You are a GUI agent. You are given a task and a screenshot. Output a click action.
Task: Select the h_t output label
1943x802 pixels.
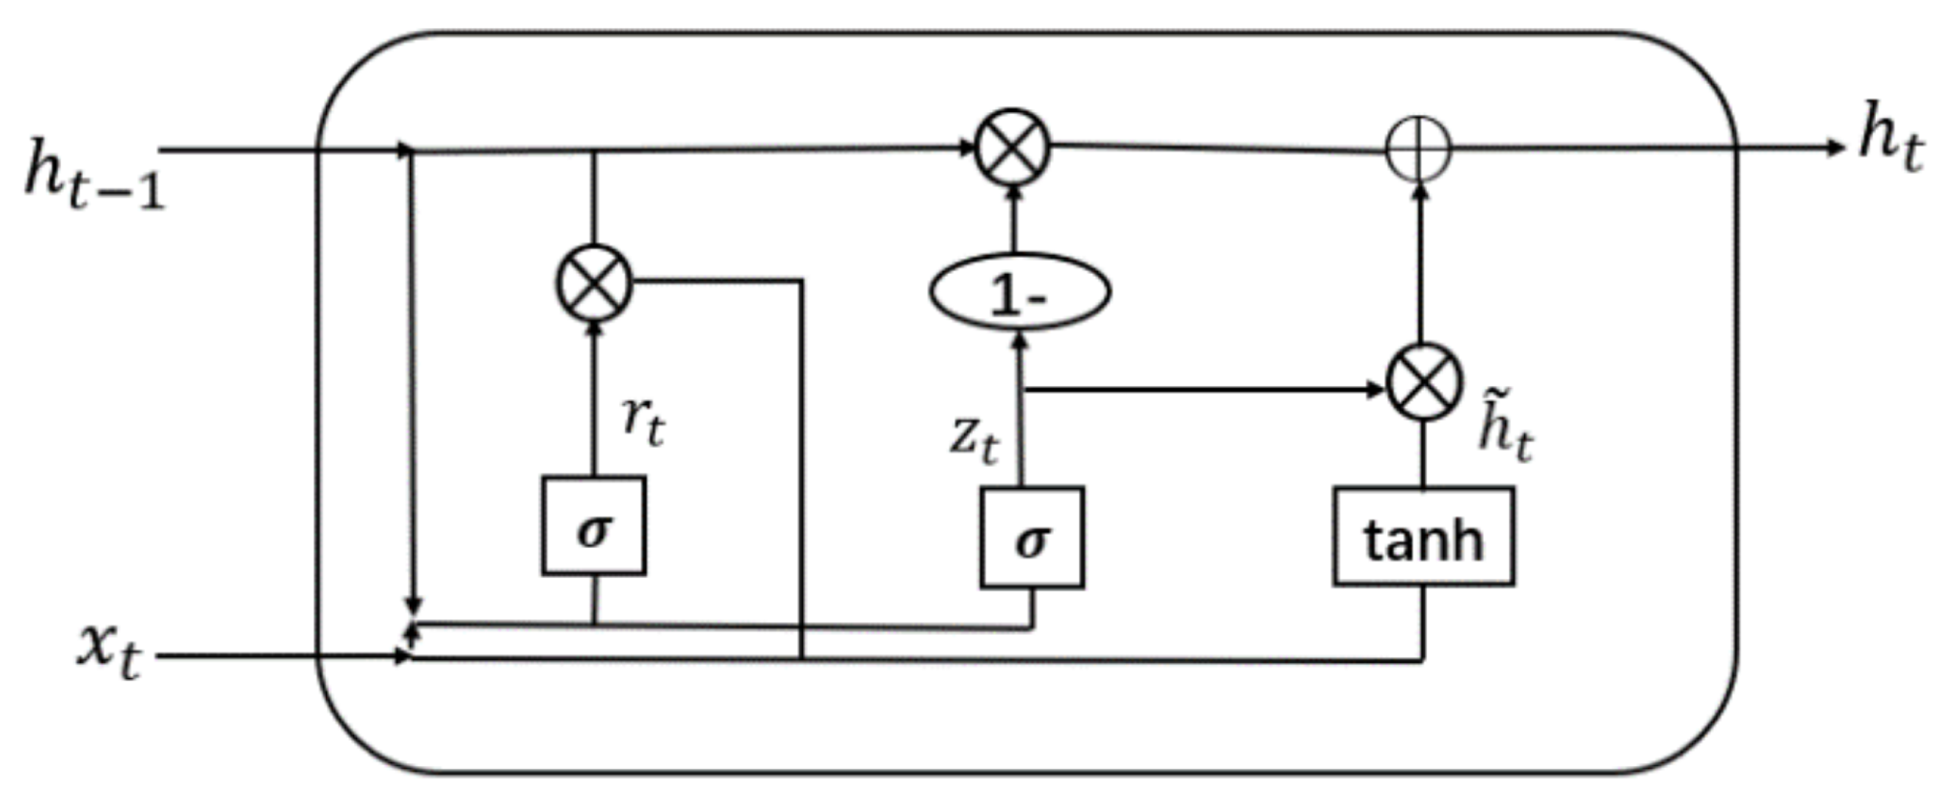pos(1890,150)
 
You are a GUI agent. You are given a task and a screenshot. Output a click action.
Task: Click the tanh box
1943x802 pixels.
pos(1423,537)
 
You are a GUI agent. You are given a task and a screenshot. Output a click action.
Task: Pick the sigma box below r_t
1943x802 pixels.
pos(594,526)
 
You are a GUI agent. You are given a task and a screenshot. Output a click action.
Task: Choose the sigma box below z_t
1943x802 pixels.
pos(1032,537)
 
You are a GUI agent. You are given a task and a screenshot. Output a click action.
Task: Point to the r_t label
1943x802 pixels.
pos(643,421)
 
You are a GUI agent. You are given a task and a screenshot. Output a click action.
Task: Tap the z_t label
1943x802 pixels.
pos(974,441)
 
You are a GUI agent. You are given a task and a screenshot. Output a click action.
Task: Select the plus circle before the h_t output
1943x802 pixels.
pos(1419,150)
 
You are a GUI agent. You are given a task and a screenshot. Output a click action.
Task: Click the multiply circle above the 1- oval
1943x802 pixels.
pos(1012,148)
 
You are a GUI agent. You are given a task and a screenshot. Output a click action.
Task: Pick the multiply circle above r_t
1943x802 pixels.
pos(594,283)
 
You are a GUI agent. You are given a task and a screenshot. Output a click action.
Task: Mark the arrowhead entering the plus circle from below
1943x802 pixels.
pos(1420,192)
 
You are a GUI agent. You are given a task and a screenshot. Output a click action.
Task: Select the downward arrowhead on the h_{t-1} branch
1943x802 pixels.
pos(413,607)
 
